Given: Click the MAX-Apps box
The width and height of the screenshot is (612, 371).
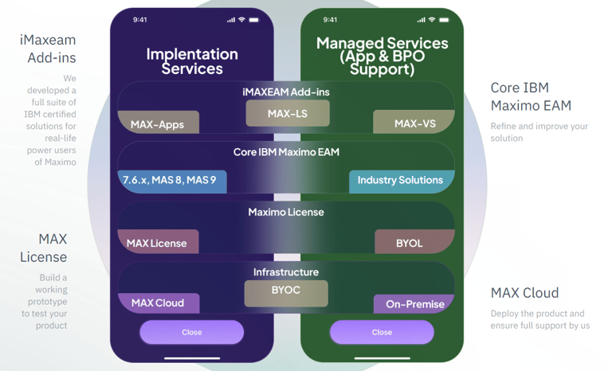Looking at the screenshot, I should click(x=157, y=123).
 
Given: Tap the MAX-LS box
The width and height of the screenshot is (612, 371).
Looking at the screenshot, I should click(x=287, y=114).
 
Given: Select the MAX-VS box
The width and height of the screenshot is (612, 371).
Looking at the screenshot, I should click(x=414, y=123).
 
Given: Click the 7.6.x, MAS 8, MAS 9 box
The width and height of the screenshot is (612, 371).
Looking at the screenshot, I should click(x=171, y=181).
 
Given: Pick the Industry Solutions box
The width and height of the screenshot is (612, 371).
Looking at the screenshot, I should click(x=401, y=181).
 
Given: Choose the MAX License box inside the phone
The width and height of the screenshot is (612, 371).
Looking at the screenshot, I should click(x=157, y=243).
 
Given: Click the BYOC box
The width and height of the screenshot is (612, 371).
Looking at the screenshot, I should click(x=286, y=291).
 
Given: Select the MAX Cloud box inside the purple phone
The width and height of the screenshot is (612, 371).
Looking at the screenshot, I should click(x=158, y=303).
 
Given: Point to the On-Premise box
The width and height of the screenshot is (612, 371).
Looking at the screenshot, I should click(x=414, y=304).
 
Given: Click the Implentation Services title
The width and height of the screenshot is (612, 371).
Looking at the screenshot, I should click(x=192, y=61).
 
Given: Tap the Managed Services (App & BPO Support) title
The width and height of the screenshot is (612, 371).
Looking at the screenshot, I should click(x=382, y=56).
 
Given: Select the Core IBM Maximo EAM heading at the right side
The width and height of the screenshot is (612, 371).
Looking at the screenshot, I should click(x=531, y=96).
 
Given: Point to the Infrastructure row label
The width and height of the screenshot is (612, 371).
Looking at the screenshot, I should click(x=286, y=272).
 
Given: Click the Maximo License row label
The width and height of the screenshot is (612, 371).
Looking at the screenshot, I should click(x=286, y=213).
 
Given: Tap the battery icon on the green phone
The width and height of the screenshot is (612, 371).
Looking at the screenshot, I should click(x=445, y=20).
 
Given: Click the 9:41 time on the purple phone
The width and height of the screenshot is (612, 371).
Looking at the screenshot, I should click(x=140, y=20).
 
